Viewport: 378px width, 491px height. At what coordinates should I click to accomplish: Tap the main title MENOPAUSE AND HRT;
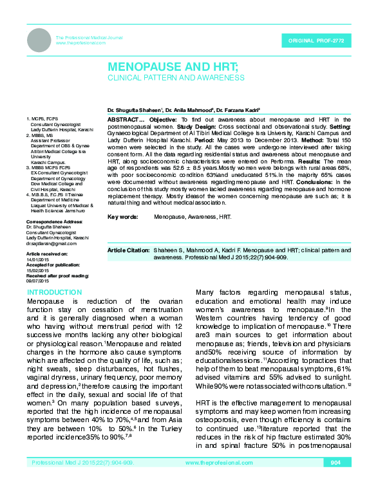tap(173, 67)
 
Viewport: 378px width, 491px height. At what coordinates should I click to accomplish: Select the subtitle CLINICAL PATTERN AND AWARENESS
tap(176, 78)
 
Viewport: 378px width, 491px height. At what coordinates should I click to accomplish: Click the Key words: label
tap(123, 218)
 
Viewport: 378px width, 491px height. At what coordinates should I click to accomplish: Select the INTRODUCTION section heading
tap(54, 293)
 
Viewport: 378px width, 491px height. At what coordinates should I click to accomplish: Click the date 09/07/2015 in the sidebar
tap(38, 281)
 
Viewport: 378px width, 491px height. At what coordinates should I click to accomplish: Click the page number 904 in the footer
tap(335, 481)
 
